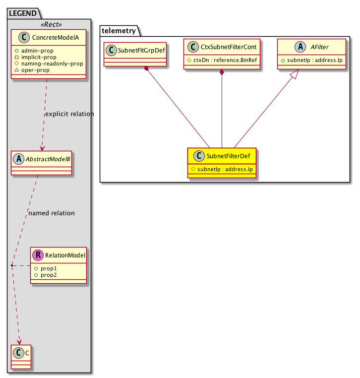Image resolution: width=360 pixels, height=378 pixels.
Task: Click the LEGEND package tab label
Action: [23, 13]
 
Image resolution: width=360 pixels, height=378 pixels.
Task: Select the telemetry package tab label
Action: [119, 31]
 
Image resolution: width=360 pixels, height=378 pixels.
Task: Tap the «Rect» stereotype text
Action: [51, 24]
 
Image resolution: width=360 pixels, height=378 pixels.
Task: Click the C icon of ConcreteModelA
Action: [24, 37]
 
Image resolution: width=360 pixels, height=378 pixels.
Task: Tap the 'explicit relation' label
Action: [69, 114]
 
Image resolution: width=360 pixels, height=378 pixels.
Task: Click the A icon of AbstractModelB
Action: [19, 159]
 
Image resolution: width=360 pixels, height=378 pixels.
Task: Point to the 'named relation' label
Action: [52, 213]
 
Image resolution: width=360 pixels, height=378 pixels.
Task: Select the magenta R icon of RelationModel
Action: [38, 255]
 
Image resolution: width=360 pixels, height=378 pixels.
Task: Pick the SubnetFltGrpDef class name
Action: [141, 51]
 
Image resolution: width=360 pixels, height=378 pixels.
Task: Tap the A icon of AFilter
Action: [300, 47]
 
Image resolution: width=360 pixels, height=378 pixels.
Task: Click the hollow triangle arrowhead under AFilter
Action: [295, 74]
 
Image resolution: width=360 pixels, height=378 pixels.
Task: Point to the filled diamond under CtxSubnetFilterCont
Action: [222, 72]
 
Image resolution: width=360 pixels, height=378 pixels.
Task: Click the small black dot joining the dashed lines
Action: [12, 265]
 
